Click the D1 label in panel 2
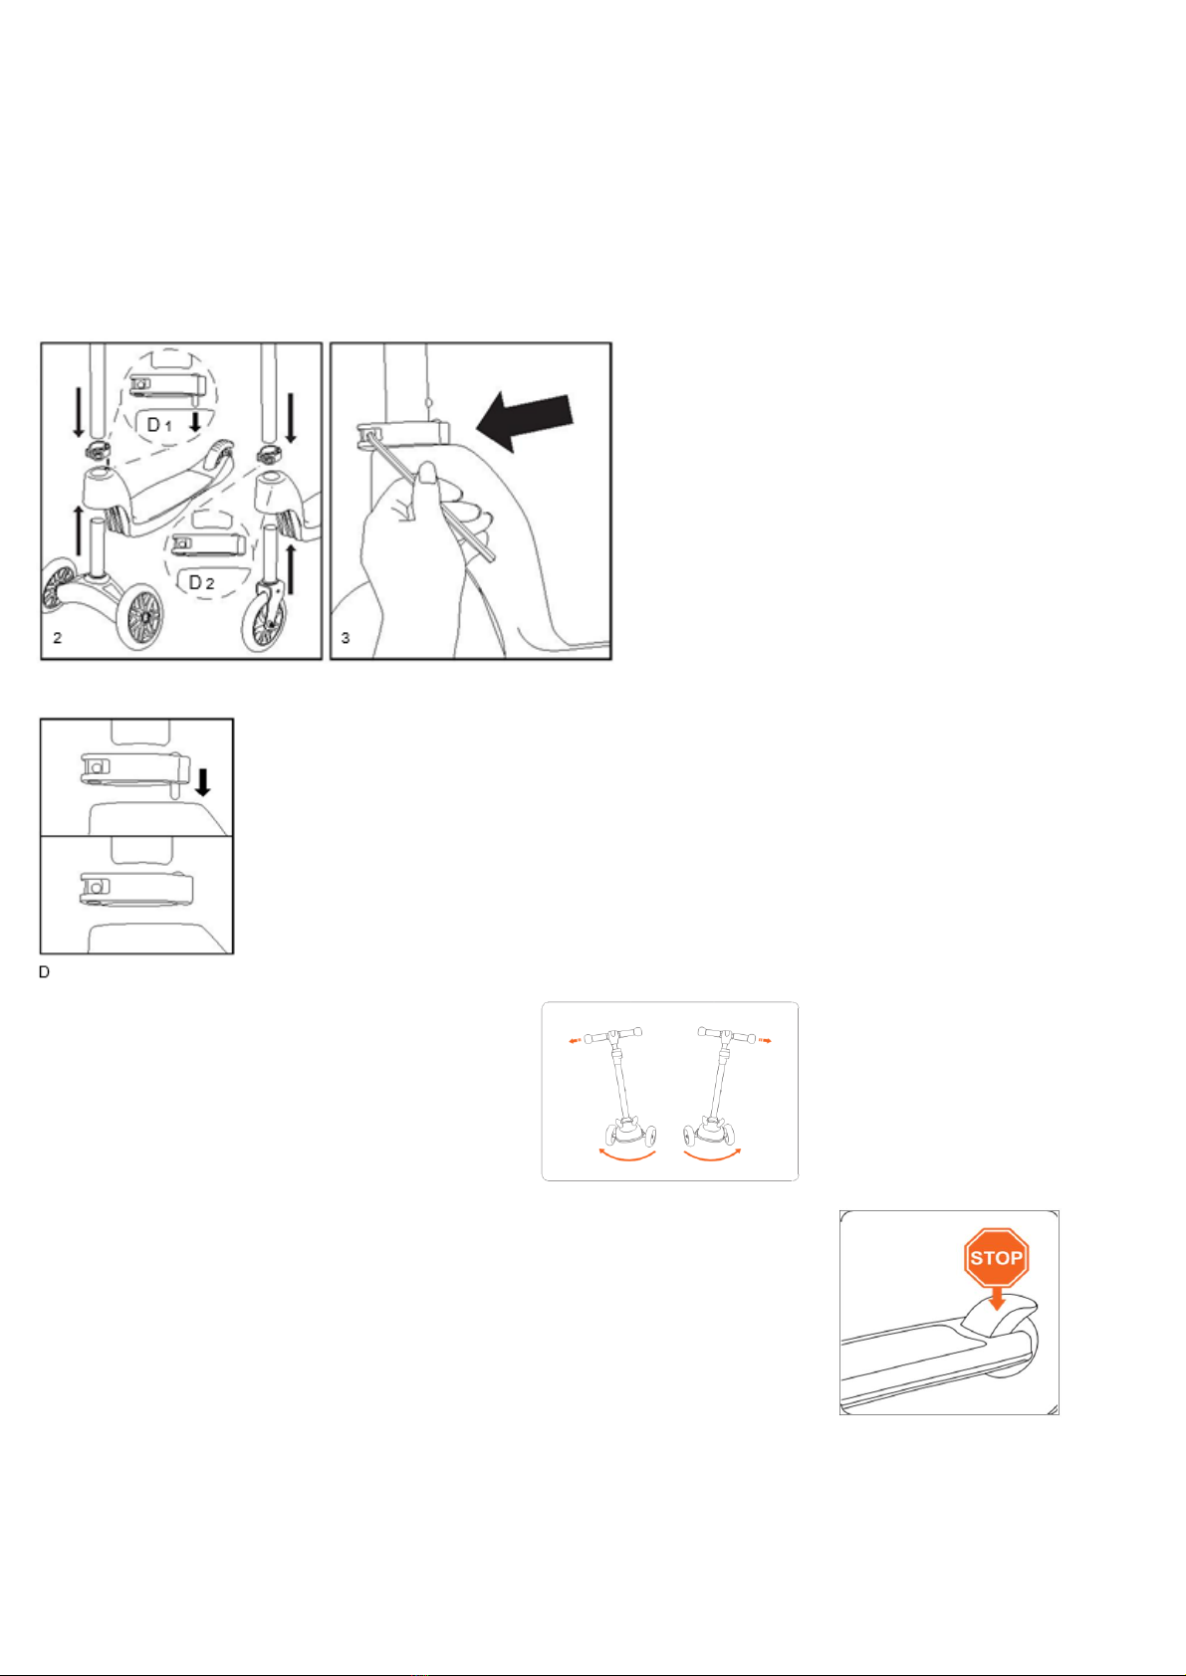tap(159, 425)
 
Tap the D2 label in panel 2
tap(201, 582)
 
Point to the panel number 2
tap(58, 638)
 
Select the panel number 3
tap(346, 638)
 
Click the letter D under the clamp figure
tap(44, 972)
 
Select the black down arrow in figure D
tap(202, 782)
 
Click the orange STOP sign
tap(996, 1258)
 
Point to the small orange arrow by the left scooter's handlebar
tap(574, 1041)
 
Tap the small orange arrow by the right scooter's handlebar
tap(764, 1040)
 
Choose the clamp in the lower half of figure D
tap(137, 889)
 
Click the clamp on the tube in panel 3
tap(403, 438)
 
